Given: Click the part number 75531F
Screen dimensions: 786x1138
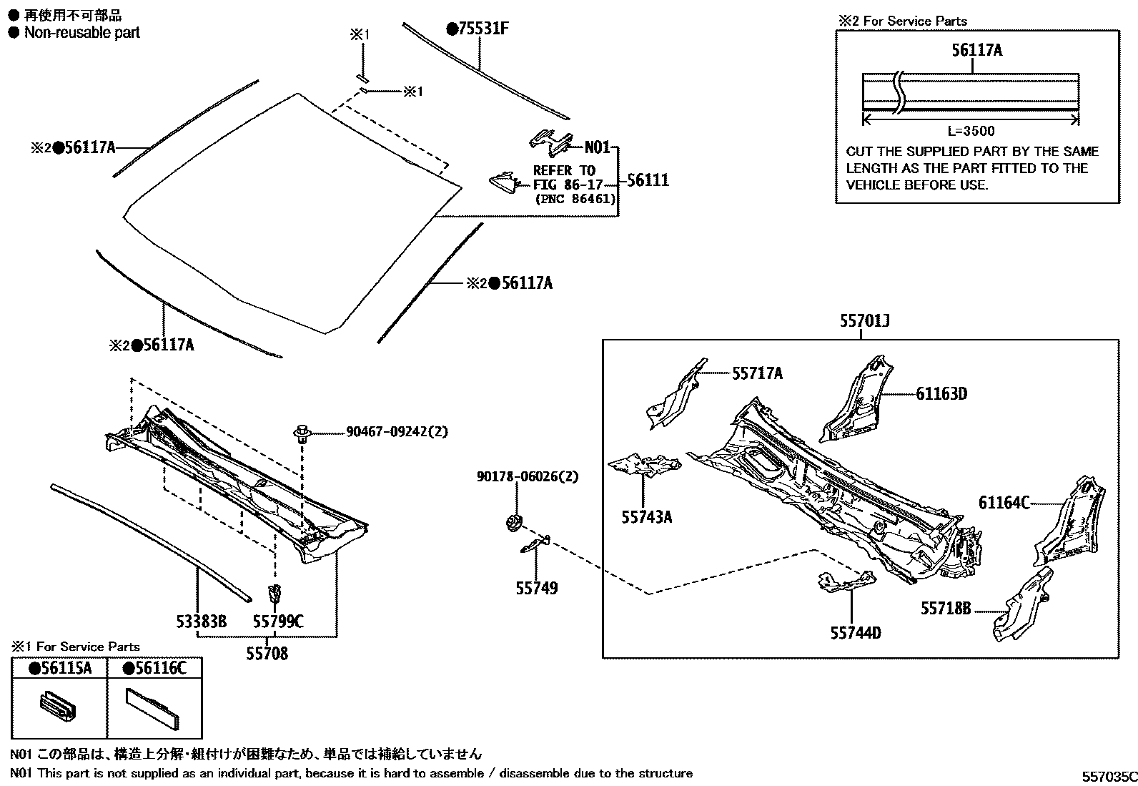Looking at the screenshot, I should (x=483, y=29).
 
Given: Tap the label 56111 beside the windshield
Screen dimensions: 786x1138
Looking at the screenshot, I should (x=648, y=180).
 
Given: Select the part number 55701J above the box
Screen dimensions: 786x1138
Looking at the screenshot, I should (x=864, y=323).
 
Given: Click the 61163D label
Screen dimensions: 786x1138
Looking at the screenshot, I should (x=941, y=394).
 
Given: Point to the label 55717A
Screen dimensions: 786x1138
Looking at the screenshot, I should (x=757, y=373).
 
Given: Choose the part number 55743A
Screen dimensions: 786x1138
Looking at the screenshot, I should (x=646, y=516).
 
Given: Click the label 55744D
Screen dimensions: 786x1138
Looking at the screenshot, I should (x=856, y=633).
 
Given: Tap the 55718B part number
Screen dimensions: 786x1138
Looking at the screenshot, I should (x=946, y=609).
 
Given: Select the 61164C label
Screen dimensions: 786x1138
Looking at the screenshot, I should (x=1004, y=503).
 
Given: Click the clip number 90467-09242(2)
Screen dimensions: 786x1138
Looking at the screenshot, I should (x=397, y=432).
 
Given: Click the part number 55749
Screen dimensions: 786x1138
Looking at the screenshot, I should (x=537, y=588).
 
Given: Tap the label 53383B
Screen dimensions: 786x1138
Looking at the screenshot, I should (x=202, y=622).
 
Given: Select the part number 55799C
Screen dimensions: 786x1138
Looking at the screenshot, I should (x=278, y=622).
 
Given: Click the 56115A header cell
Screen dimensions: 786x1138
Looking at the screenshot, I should (x=60, y=669).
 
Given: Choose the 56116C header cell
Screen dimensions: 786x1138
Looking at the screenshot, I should (x=154, y=669).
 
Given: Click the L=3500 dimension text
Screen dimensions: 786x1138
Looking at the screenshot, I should (x=971, y=131).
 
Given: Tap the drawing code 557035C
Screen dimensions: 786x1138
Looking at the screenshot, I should (x=1108, y=776).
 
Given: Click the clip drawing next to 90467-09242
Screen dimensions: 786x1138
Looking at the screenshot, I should (x=303, y=433).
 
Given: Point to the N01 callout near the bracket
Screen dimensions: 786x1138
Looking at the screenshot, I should (x=598, y=148).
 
